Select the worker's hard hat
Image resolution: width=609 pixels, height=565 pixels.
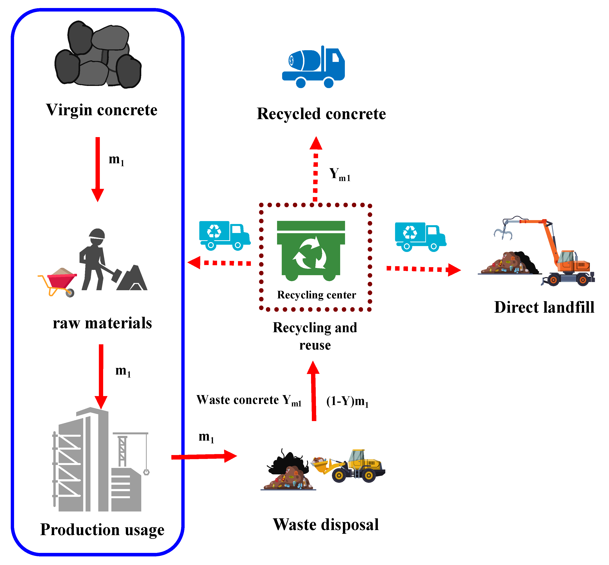pyautogui.click(x=97, y=234)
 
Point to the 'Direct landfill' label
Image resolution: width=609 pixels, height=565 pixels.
pyautogui.click(x=544, y=307)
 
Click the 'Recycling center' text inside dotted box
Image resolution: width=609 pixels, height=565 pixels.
pyautogui.click(x=316, y=295)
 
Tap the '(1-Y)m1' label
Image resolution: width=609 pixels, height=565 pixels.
pyautogui.click(x=347, y=401)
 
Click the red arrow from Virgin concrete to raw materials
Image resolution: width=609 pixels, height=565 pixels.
pyautogui.click(x=97, y=168)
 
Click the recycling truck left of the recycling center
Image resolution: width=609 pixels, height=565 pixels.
pyautogui.click(x=224, y=235)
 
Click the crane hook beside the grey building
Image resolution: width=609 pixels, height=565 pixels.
pyautogui.click(x=146, y=472)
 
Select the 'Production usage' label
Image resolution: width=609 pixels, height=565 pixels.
pyautogui.click(x=102, y=530)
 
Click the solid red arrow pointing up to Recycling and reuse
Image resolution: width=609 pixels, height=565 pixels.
pyautogui.click(x=314, y=391)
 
